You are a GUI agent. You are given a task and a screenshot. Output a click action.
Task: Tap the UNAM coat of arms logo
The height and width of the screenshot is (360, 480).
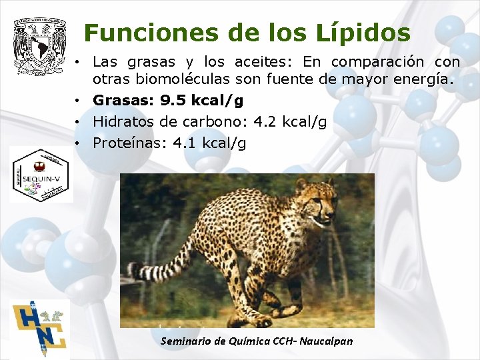coord(40,45)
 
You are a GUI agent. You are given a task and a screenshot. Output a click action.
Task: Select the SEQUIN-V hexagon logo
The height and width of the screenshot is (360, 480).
coord(41,174)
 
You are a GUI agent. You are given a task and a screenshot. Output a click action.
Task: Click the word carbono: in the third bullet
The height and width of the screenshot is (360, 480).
coord(213,122)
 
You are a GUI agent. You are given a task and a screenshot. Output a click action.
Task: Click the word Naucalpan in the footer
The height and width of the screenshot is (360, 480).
coord(326,341)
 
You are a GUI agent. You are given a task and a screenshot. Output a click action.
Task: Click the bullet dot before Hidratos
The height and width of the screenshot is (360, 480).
coord(79,122)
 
